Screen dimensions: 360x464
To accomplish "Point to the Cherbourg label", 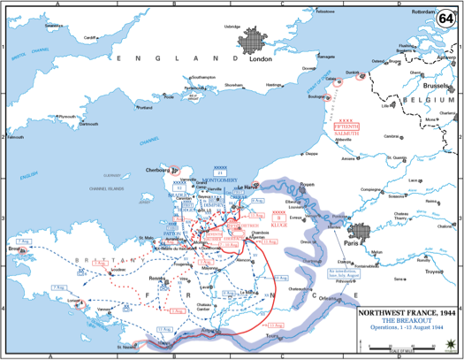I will tap(156, 169).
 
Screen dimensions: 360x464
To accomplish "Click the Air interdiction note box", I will tap(344, 269).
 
